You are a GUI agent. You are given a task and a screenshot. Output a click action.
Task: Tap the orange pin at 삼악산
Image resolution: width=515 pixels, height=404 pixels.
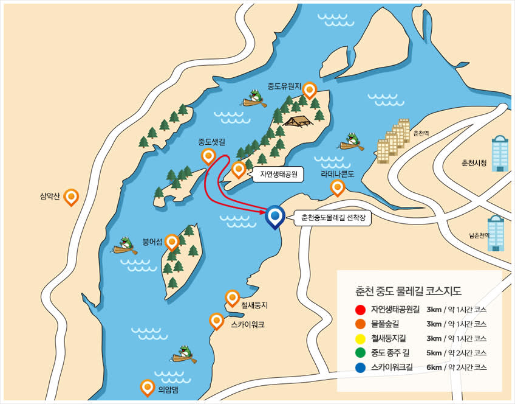(72, 197)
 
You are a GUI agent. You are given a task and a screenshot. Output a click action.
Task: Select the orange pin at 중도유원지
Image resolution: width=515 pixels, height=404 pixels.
(310, 91)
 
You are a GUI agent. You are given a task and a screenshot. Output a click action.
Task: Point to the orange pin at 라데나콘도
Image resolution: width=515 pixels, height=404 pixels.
(337, 187)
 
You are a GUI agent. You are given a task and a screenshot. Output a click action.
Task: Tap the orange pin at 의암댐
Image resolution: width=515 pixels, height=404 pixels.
(147, 386)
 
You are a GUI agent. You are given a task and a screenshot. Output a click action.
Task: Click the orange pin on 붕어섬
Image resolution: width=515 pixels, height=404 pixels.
(172, 242)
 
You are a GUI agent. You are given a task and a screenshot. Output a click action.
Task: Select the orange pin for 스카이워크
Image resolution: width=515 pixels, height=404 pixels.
(216, 321)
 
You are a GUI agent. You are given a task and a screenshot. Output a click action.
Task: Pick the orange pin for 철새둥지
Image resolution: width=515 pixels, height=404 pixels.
(232, 298)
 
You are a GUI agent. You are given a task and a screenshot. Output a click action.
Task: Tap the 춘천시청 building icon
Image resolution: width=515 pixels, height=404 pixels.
(500, 153)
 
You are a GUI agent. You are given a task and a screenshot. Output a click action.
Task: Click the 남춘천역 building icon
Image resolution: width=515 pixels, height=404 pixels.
(495, 233)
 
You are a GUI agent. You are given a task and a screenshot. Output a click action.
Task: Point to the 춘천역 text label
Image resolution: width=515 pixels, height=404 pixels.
(421, 133)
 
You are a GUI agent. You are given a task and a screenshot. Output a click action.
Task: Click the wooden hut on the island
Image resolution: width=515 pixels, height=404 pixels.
(298, 122)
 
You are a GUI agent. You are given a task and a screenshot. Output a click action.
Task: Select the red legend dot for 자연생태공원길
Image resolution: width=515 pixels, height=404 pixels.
(361, 309)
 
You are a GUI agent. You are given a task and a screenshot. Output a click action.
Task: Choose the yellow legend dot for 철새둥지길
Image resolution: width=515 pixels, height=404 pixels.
(361, 338)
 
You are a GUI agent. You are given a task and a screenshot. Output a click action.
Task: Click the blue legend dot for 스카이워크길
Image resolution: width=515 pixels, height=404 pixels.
(361, 367)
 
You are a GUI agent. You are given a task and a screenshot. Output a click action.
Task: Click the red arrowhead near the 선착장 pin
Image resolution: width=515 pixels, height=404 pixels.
(262, 212)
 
